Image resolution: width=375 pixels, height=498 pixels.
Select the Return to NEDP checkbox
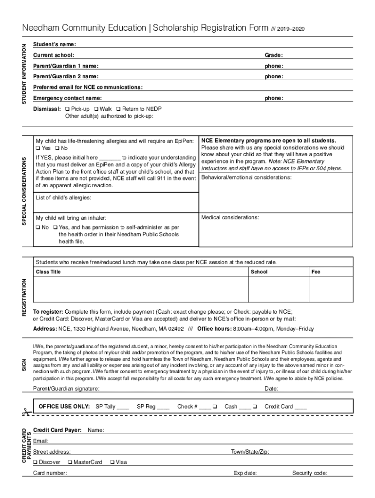[x=118, y=109]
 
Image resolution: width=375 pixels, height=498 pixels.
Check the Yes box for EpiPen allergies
[x=38, y=148]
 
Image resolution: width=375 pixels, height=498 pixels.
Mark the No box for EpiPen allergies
[x=57, y=148]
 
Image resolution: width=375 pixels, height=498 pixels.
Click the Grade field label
[x=274, y=55]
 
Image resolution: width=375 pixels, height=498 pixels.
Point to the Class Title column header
[x=48, y=272]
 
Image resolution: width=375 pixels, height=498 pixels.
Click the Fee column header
[x=316, y=272]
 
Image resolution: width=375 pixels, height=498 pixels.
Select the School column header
[x=259, y=272]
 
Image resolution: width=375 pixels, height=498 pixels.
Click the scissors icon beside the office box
[x=25, y=411]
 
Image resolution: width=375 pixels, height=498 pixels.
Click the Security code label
[x=310, y=473]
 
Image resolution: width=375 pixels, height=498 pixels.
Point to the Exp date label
[x=245, y=473]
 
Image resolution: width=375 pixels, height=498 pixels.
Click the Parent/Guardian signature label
[x=66, y=389]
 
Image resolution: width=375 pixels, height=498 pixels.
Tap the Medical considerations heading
[x=230, y=217]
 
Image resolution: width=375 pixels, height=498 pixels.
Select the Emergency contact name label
[x=67, y=98]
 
